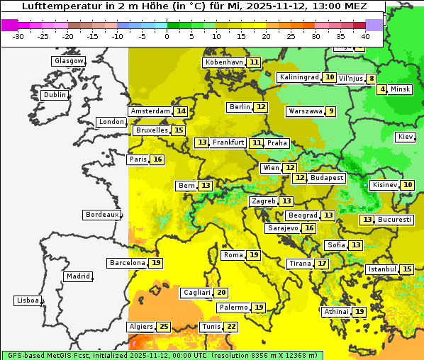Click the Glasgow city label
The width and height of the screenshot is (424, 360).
point(68,61)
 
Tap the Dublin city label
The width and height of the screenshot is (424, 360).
point(55,95)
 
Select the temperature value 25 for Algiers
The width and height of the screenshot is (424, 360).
point(164,327)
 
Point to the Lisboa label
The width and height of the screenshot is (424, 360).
point(28,300)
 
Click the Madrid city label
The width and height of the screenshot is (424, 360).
point(77,276)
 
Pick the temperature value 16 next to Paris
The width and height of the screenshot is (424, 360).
point(157,159)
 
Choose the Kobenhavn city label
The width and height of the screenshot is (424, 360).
point(224,62)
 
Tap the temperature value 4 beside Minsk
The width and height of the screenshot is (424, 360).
point(382,89)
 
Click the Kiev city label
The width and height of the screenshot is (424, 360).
point(406,137)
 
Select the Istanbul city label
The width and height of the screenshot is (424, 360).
point(382,269)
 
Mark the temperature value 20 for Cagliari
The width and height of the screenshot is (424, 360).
point(222,293)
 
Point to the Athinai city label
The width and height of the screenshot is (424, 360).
point(336,312)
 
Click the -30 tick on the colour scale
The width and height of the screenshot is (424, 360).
point(18,35)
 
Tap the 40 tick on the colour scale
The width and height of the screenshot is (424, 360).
point(365,35)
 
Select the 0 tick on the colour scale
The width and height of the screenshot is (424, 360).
point(167,35)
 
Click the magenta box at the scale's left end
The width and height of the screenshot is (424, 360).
point(10,24)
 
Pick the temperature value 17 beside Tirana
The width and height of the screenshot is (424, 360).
point(322,264)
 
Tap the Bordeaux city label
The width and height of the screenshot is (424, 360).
point(101,215)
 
